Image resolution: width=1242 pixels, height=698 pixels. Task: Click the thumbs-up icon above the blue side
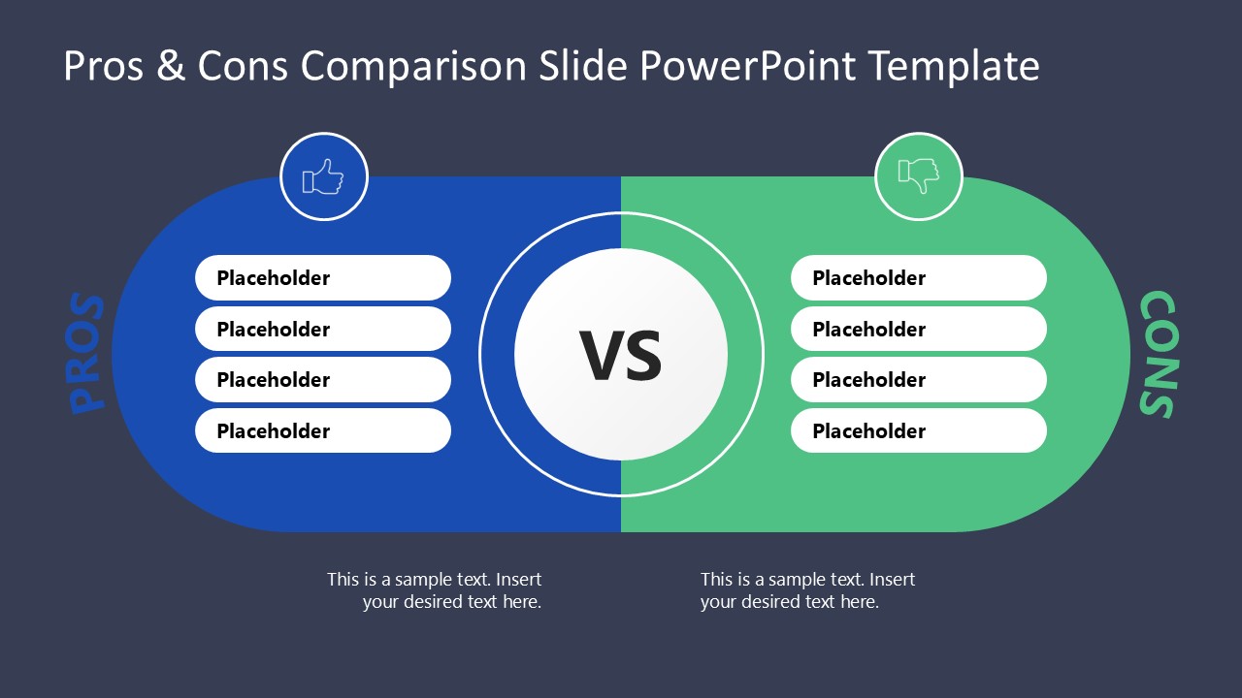click(x=323, y=177)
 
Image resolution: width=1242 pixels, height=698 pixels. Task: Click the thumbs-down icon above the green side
click(x=918, y=177)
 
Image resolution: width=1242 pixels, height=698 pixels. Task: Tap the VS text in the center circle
click(x=621, y=356)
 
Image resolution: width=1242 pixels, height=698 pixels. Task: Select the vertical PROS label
click(x=87, y=354)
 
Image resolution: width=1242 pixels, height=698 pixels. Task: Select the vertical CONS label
click(x=1157, y=354)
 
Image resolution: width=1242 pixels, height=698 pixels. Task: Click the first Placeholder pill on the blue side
click(x=322, y=278)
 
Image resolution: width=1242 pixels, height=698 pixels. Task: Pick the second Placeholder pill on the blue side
click(x=322, y=330)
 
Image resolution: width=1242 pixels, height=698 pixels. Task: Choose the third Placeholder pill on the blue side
click(x=322, y=380)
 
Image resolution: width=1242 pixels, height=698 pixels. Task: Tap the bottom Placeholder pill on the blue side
click(x=322, y=431)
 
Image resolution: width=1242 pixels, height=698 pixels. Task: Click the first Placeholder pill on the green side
click(x=918, y=278)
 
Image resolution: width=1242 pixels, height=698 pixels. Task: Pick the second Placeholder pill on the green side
click(x=918, y=330)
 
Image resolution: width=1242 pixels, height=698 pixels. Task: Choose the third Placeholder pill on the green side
click(x=918, y=380)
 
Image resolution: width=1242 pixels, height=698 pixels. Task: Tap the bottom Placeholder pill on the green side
click(x=918, y=431)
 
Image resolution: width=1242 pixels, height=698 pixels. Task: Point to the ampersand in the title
click(x=171, y=67)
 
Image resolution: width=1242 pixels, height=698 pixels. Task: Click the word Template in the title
click(x=953, y=67)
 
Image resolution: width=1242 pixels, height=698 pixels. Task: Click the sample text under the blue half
click(x=435, y=590)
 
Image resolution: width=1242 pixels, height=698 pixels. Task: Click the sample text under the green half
click(x=807, y=590)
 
